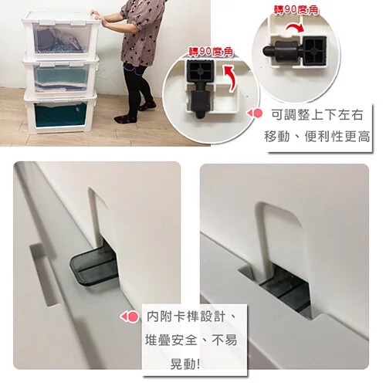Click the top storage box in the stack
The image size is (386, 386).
(61, 36)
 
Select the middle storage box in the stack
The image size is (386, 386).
(60, 76)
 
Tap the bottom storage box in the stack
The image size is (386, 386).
(60, 113)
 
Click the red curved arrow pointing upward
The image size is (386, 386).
(231, 79)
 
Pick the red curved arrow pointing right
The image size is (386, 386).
(295, 28)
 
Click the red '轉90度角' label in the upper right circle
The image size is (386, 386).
(296, 10)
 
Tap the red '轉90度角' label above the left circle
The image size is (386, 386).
(211, 52)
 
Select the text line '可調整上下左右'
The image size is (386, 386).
(317, 115)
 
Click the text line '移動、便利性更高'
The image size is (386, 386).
(317, 137)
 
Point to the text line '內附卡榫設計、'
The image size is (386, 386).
(191, 317)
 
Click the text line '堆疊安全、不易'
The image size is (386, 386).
(191, 340)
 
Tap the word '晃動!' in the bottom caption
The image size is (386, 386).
(185, 364)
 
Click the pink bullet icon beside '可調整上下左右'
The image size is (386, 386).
(255, 113)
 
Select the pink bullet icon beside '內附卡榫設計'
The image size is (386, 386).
(130, 317)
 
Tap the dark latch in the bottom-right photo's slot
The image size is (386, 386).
(286, 291)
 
